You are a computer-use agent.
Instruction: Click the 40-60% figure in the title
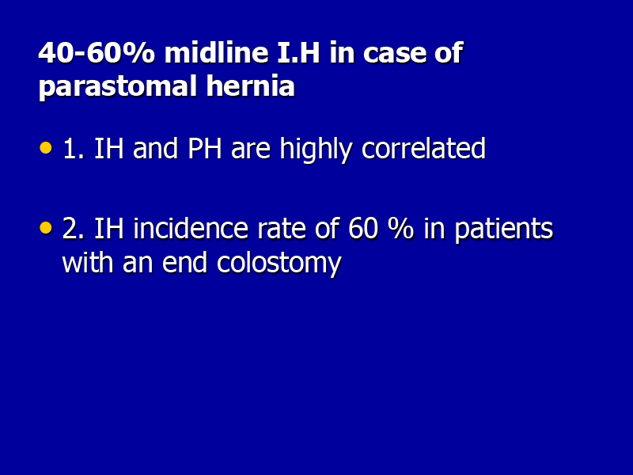[97, 53]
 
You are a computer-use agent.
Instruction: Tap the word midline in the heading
[216, 52]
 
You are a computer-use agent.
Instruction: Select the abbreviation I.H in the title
[299, 53]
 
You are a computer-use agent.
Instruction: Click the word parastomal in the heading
[117, 86]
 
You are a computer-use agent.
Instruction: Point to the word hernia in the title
[250, 85]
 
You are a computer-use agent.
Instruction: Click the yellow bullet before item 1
[46, 148]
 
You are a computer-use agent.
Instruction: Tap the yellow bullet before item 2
[46, 228]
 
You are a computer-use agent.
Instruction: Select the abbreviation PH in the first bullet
[205, 149]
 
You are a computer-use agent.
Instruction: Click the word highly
[316, 150]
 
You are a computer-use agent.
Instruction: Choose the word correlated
[423, 148]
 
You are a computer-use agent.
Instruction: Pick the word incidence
[191, 228]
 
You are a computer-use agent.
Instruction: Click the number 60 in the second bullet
[363, 229]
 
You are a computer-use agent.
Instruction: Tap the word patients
[504, 230]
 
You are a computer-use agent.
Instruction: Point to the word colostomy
[279, 264]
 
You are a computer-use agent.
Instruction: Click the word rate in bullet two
[282, 229]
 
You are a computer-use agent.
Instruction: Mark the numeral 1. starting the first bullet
[74, 149]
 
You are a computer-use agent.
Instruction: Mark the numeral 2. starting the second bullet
[73, 229]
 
